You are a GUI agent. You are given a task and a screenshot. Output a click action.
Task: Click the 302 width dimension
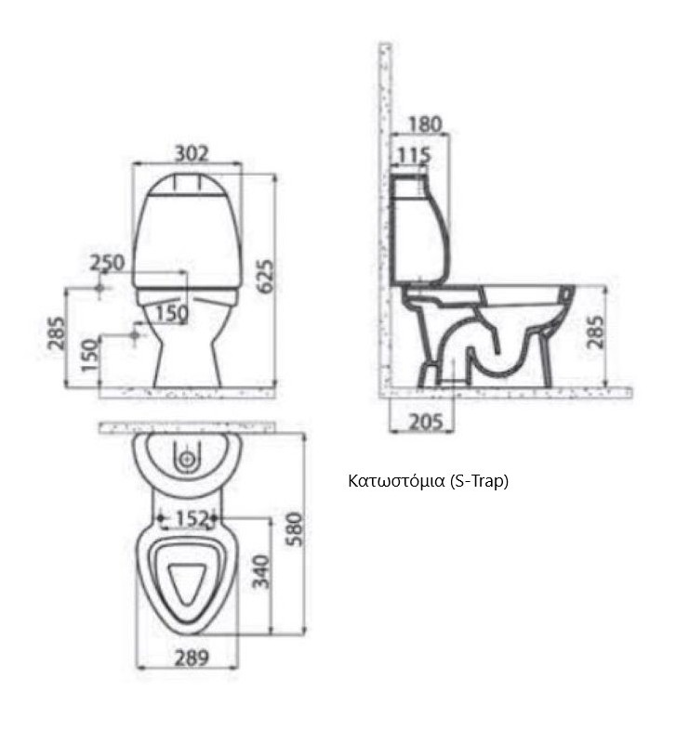coord(192,154)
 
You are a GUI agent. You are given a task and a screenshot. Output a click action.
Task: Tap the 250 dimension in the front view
coord(107,263)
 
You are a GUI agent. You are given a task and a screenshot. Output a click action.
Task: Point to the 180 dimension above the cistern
coord(425,124)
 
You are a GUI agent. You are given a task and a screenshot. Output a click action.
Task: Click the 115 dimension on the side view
coord(414,155)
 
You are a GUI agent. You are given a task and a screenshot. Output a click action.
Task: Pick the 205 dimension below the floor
coord(426,422)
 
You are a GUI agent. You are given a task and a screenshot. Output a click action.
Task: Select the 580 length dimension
coord(294,528)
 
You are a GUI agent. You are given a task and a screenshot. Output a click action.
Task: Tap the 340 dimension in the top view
coord(261,571)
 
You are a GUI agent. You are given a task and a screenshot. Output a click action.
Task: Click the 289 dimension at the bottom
coord(192,658)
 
